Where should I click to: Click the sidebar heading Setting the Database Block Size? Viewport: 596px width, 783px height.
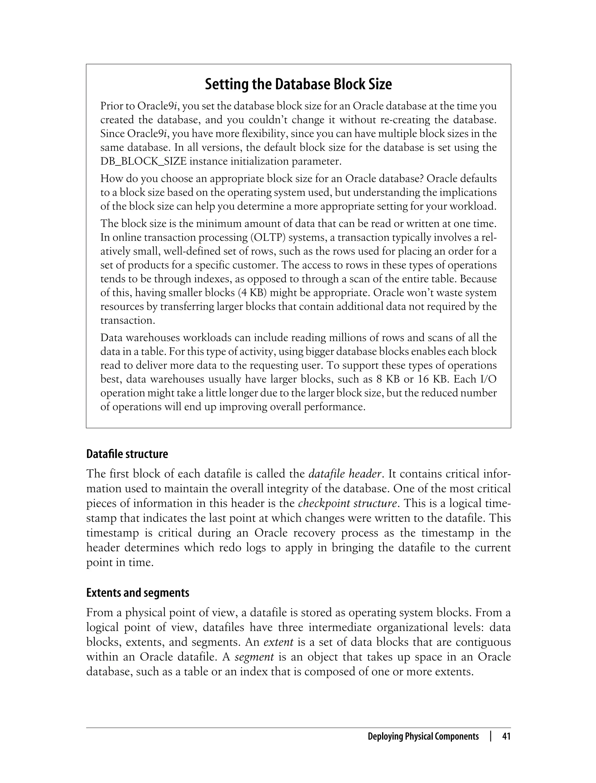click(298, 84)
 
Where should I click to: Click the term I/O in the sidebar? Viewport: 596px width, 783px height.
click(488, 379)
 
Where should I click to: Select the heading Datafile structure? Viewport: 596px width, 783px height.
click(127, 454)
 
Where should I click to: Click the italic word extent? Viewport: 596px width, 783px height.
click(278, 642)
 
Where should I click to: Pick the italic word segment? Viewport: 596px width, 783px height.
click(254, 657)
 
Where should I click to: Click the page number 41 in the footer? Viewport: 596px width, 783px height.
click(506, 736)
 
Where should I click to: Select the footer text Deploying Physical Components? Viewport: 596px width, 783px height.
click(423, 736)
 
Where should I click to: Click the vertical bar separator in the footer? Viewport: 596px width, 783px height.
click(491, 736)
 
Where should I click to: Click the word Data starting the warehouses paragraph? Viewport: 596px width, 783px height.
click(111, 337)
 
